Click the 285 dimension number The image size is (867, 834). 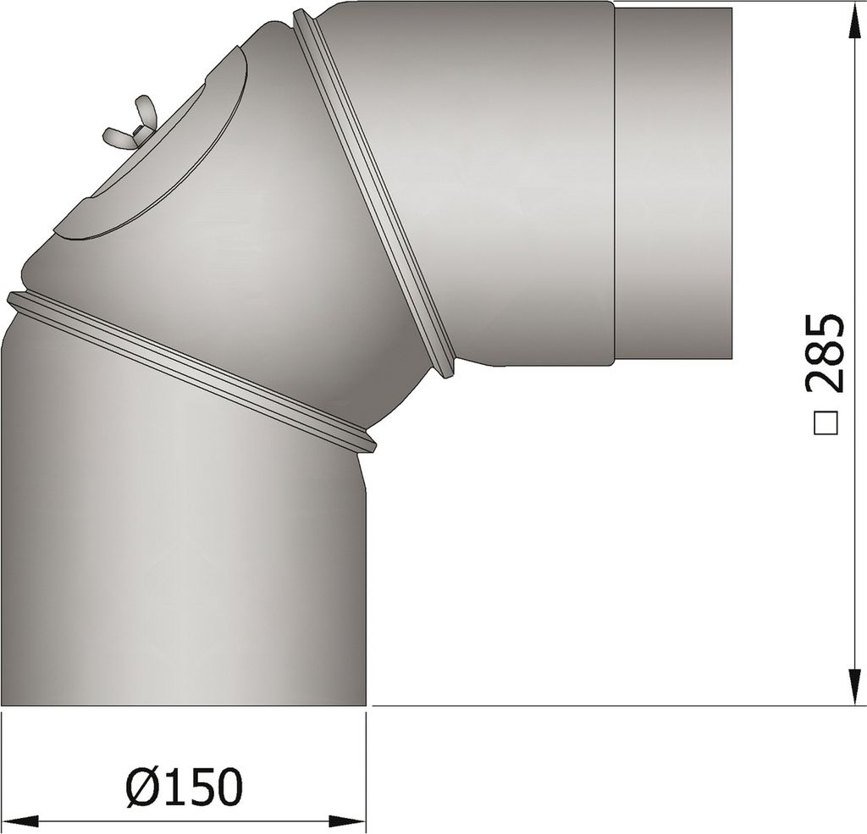pos(822,353)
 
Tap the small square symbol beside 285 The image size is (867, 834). pos(823,423)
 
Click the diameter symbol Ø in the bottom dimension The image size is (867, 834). pos(141,787)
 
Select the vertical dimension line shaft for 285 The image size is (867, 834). pos(852,508)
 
